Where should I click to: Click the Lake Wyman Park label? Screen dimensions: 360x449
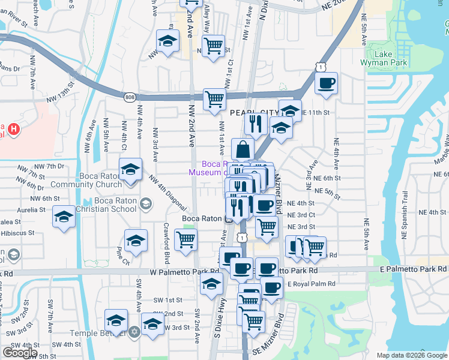(384, 58)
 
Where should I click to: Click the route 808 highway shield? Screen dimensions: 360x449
(130, 97)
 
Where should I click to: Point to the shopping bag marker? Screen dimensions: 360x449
(243, 149)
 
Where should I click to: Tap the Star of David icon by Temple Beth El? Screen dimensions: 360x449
(134, 332)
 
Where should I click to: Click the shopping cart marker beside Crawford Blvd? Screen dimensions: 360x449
(185, 239)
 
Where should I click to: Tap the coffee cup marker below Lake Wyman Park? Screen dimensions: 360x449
(326, 83)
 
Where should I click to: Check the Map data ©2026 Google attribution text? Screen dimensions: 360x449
(411, 355)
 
